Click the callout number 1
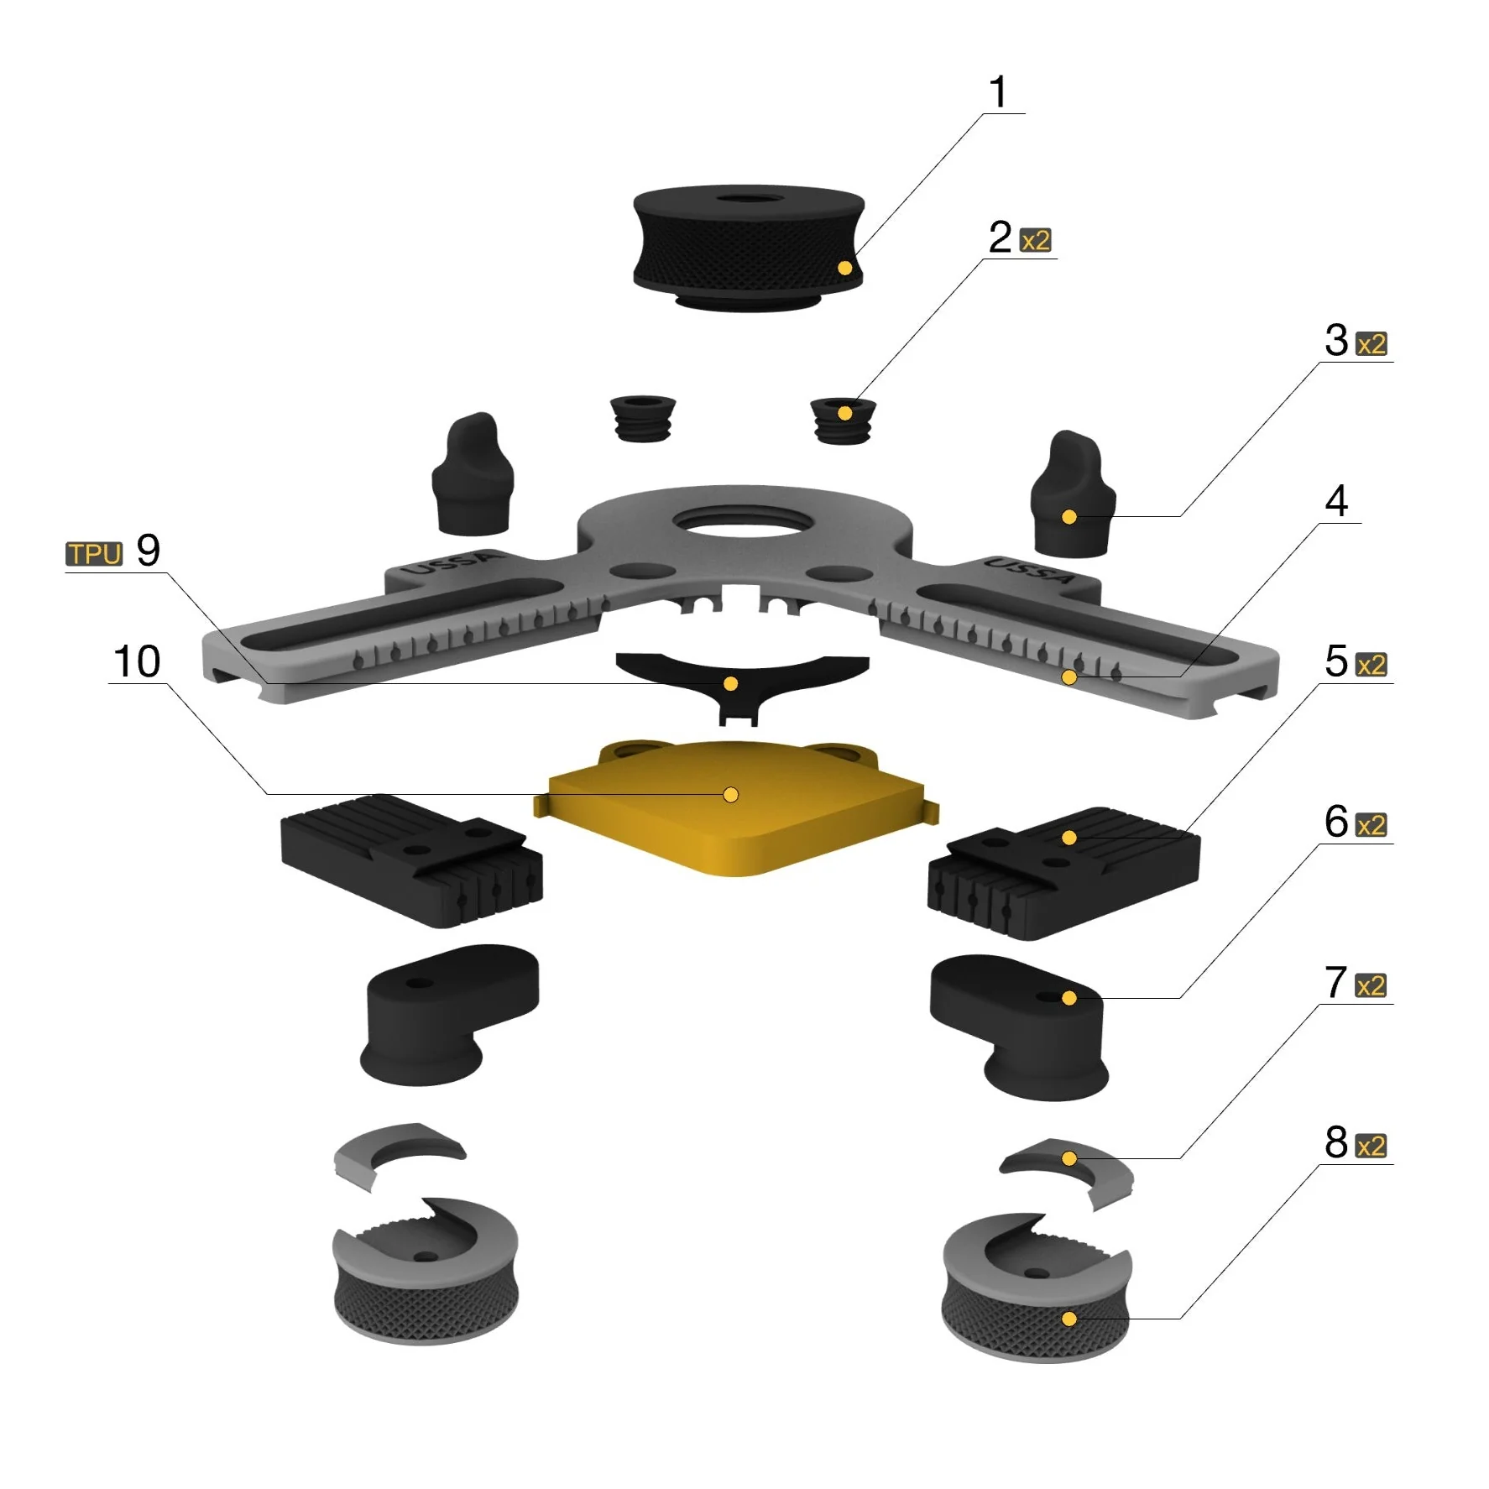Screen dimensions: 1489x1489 998,91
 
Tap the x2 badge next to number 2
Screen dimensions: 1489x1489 1036,241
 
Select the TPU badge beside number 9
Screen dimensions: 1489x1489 95,554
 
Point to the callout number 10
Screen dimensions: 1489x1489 137,661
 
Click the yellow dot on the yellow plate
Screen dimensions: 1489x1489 731,794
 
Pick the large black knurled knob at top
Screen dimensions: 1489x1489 748,248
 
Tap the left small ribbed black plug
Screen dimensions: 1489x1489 642,418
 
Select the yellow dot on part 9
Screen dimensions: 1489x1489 731,684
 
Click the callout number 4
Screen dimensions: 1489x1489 1336,501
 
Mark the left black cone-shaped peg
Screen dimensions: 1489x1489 473,474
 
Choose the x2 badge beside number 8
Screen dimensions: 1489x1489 1371,1146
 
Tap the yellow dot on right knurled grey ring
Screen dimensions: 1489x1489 1069,1319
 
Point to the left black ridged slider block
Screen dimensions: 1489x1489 411,860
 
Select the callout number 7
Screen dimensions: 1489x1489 1335,982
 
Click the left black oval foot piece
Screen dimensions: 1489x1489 449,1014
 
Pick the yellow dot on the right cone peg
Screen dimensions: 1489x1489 1069,517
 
